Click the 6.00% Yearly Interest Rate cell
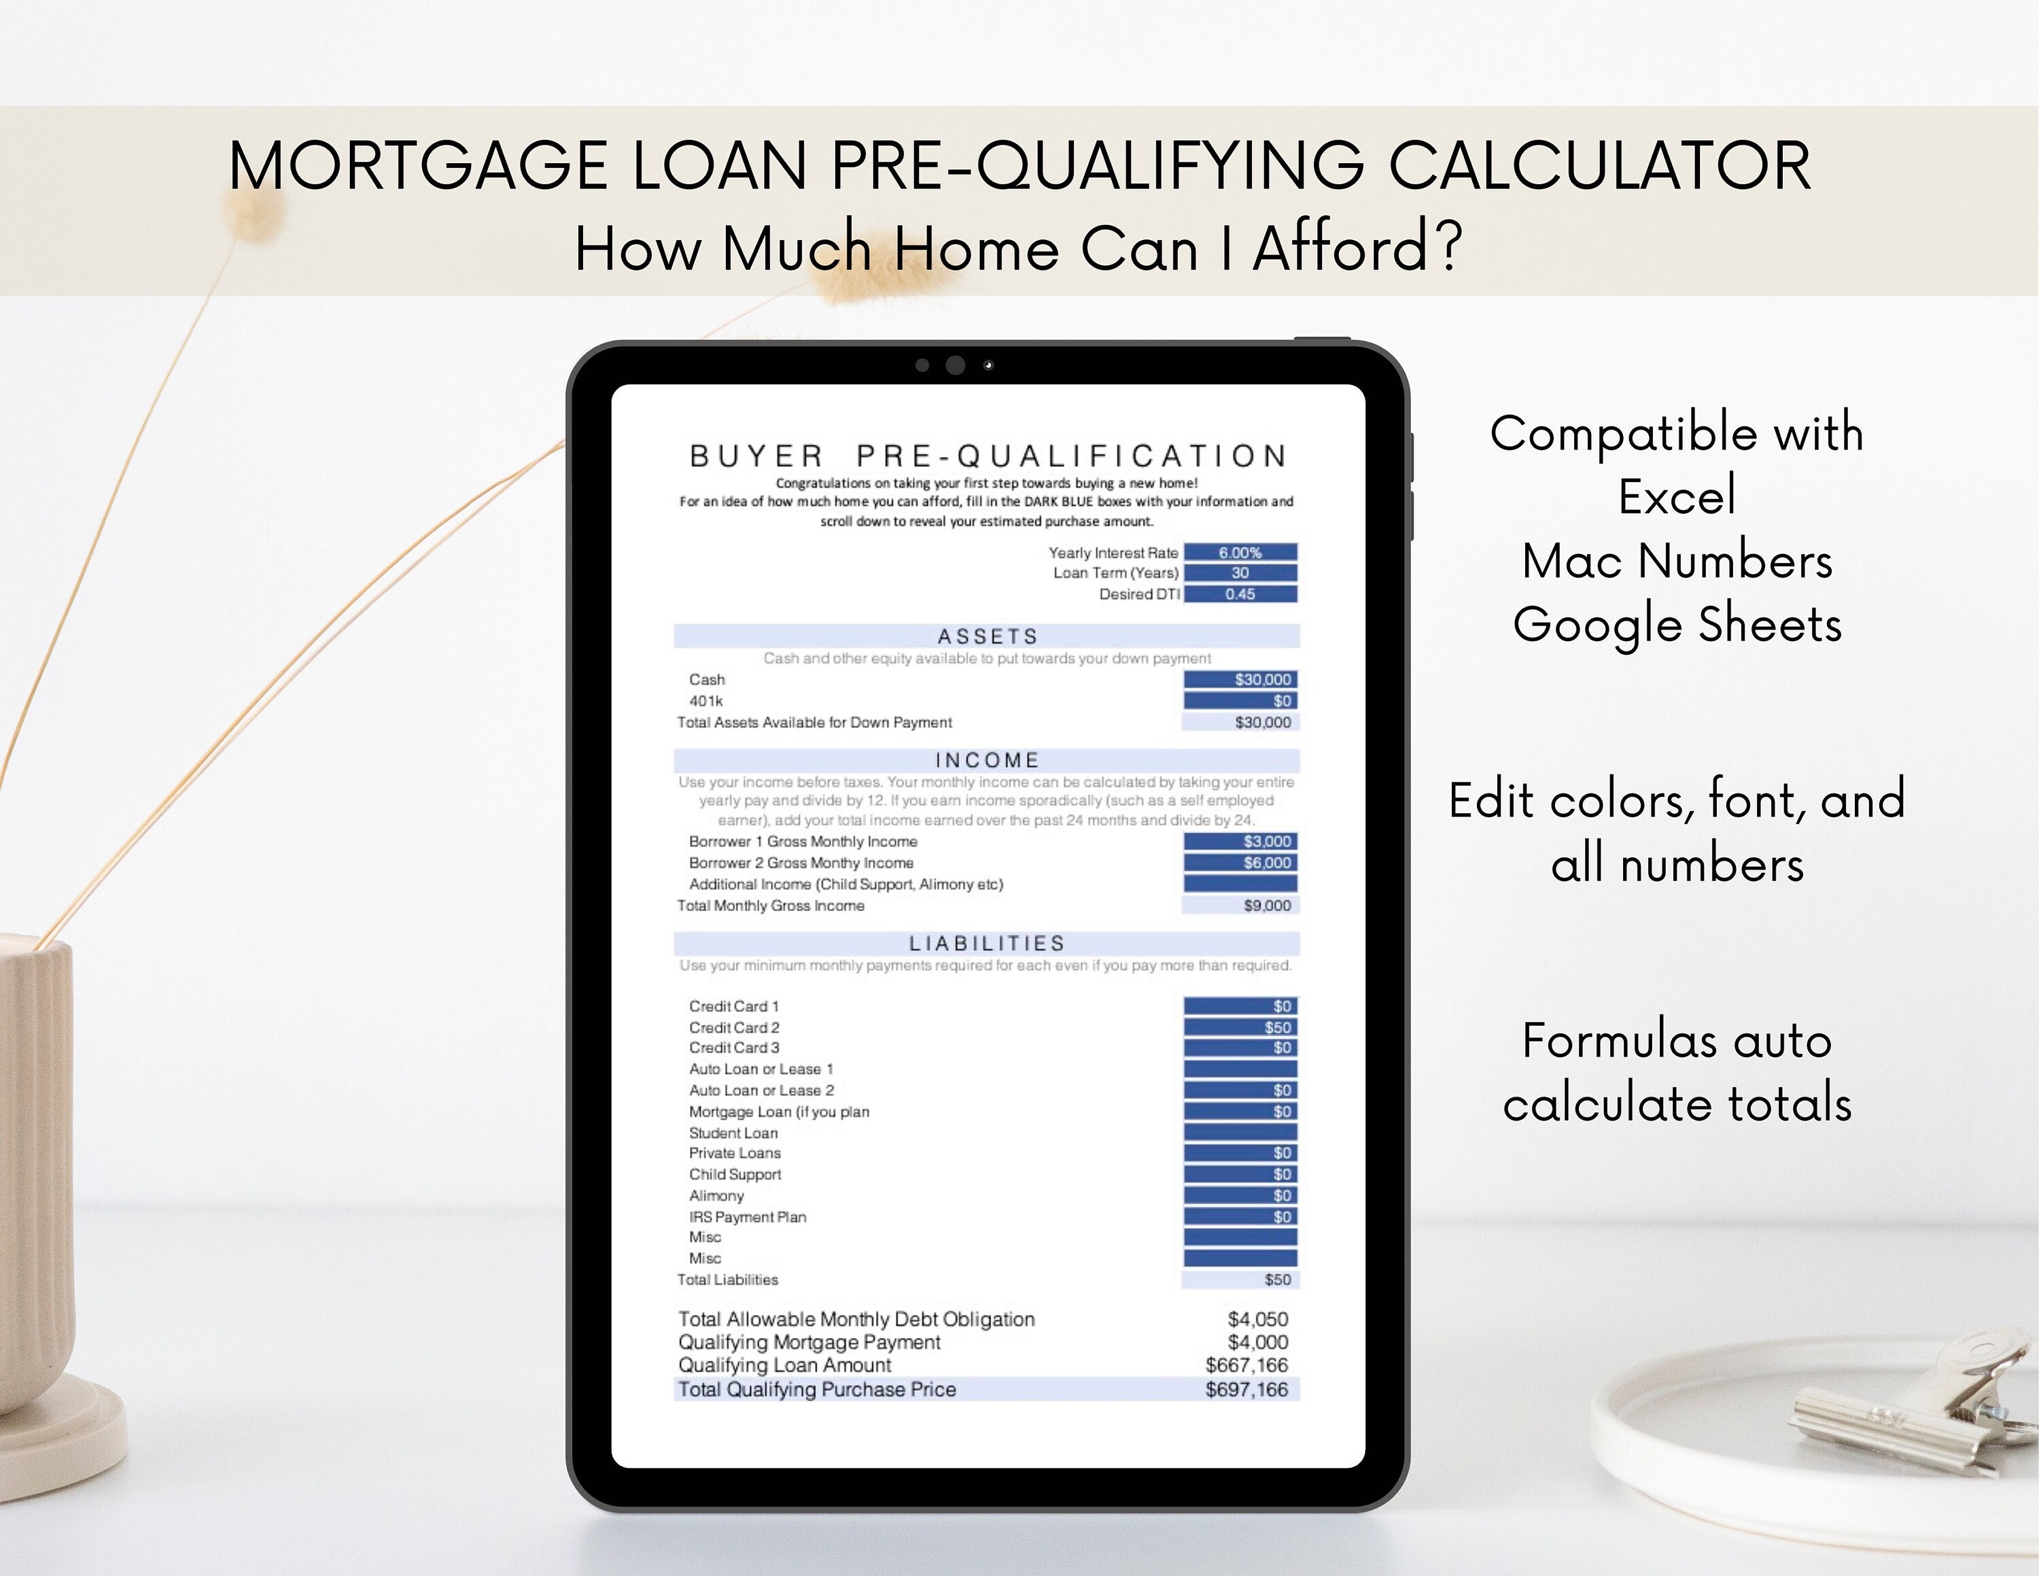(1240, 553)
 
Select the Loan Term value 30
(1240, 573)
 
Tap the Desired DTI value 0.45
(1240, 594)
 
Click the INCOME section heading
(987, 760)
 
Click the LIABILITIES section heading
(987, 943)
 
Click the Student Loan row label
(733, 1133)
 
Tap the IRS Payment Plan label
(747, 1216)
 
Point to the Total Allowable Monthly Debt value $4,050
(1257, 1319)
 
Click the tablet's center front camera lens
(955, 365)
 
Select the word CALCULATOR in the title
(1599, 166)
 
